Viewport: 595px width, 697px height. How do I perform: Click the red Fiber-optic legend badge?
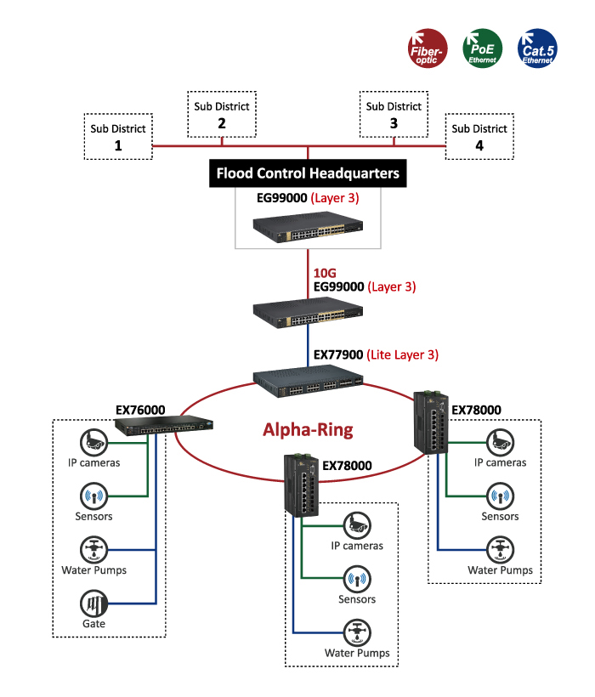pos(428,48)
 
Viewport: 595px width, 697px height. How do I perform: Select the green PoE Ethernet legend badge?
pos(483,48)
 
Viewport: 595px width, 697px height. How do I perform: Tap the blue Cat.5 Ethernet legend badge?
pos(537,48)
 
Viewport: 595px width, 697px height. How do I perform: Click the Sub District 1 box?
pos(118,137)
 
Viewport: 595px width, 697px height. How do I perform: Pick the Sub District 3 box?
pos(394,115)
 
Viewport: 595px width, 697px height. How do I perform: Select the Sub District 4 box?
pos(479,137)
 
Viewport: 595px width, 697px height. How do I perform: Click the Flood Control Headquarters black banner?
pos(308,173)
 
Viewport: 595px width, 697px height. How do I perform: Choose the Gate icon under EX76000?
pos(93,603)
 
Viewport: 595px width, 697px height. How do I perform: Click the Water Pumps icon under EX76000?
pos(93,549)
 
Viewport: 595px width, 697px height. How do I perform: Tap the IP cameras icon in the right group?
pos(500,442)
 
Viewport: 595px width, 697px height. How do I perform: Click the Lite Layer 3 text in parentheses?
pos(402,355)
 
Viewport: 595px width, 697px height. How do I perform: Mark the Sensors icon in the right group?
pos(500,496)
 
